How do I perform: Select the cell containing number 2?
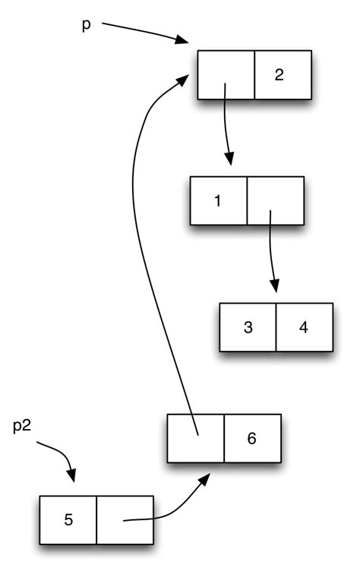pyautogui.click(x=283, y=75)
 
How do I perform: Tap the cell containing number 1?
pyautogui.click(x=218, y=201)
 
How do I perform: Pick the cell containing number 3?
pyautogui.click(x=248, y=327)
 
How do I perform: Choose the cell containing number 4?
pyautogui.click(x=304, y=327)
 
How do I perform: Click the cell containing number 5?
pyautogui.click(x=68, y=520)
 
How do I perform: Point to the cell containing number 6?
pyautogui.click(x=252, y=438)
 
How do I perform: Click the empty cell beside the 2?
pyautogui.click(x=226, y=75)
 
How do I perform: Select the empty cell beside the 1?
pyautogui.click(x=275, y=201)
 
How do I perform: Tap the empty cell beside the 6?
pyautogui.click(x=196, y=438)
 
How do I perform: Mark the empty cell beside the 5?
pyautogui.click(x=125, y=520)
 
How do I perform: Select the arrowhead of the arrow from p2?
pyautogui.click(x=72, y=476)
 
